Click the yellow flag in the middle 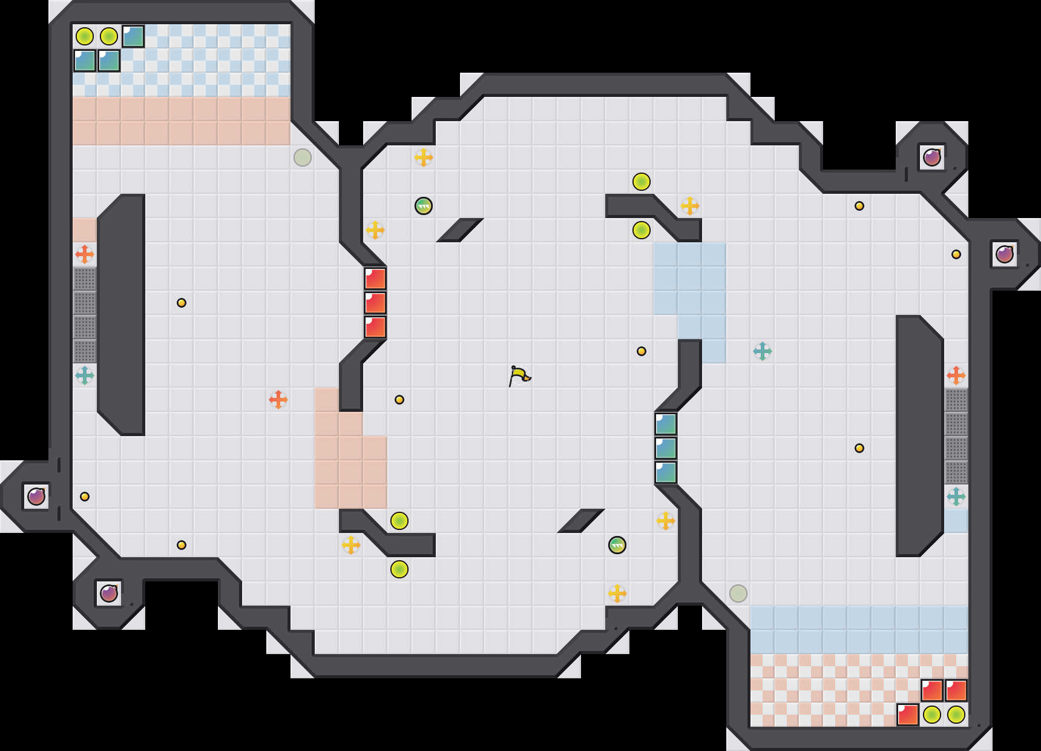click(x=519, y=375)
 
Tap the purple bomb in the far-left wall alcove click(x=36, y=497)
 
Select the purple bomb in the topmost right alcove click(x=932, y=157)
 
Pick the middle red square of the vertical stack click(x=375, y=303)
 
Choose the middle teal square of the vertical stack click(x=666, y=448)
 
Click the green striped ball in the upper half click(x=424, y=206)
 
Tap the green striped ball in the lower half click(x=617, y=545)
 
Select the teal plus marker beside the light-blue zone click(x=763, y=351)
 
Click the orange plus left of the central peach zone click(x=278, y=400)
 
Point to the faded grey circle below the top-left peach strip click(x=303, y=157)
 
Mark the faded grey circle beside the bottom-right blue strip click(x=738, y=594)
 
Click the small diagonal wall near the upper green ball click(x=460, y=230)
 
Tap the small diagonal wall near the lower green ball click(x=581, y=521)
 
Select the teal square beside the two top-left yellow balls click(x=133, y=36)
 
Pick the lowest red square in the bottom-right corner click(x=908, y=715)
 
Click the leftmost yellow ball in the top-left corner click(x=85, y=36)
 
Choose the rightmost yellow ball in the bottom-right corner click(x=956, y=715)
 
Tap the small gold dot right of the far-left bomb click(x=85, y=497)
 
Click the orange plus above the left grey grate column click(x=85, y=254)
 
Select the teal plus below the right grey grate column click(x=956, y=497)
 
